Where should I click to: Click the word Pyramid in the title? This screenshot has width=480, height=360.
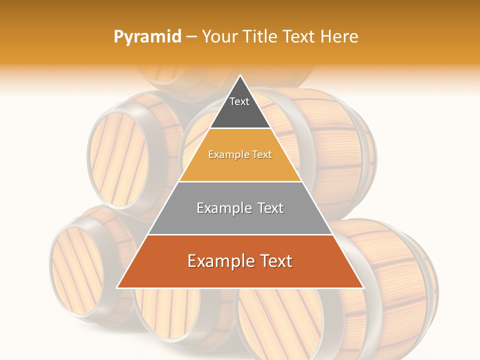[147, 37]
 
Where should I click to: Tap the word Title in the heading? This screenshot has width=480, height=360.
[260, 36]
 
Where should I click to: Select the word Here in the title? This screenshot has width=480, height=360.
[339, 36]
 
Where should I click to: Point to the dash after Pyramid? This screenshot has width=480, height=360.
[191, 37]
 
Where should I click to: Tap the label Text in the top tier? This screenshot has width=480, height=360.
[239, 101]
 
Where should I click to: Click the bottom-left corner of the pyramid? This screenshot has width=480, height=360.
[117, 287]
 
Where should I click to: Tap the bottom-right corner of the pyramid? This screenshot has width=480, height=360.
[363, 287]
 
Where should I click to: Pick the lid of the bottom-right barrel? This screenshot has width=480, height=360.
[280, 325]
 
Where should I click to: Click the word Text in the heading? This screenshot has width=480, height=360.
[297, 36]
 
